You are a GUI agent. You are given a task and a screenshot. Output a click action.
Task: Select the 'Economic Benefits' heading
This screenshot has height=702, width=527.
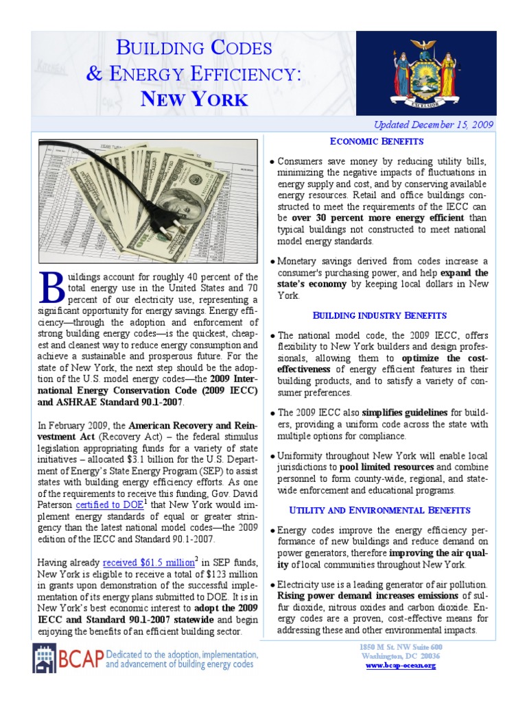tap(377, 141)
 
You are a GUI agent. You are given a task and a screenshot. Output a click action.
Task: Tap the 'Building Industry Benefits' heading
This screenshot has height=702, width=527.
tap(379, 315)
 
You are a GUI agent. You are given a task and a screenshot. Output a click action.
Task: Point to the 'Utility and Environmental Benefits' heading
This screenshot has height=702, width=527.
tap(379, 510)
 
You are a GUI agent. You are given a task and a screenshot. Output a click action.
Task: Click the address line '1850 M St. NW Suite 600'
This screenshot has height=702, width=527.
tap(401, 647)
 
